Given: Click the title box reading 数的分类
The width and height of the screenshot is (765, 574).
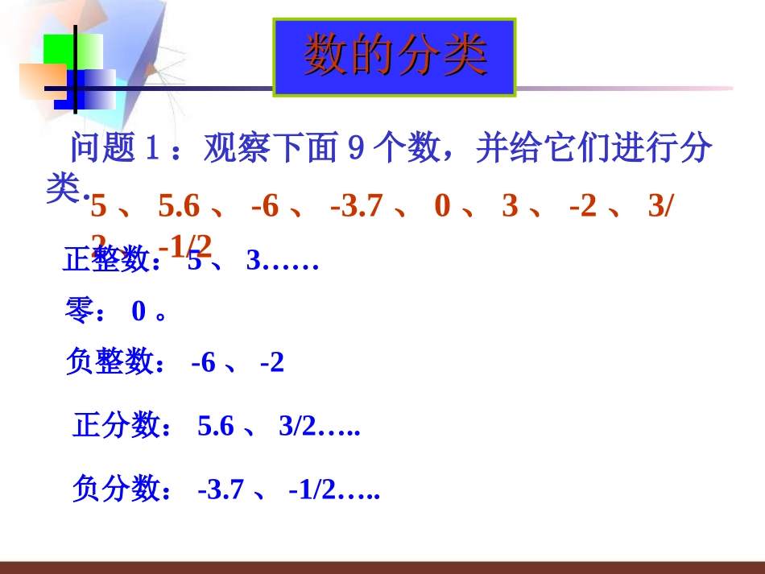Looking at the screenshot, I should [395, 57].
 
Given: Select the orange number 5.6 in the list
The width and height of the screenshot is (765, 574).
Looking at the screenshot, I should [179, 208].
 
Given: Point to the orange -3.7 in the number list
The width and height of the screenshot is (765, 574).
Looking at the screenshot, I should [357, 208].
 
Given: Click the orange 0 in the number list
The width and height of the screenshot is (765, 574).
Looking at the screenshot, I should [442, 208].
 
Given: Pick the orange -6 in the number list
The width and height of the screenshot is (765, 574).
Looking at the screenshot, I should [265, 208].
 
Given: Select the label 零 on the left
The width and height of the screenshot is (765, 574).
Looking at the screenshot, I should [81, 312].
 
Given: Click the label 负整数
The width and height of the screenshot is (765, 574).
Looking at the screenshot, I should [115, 363].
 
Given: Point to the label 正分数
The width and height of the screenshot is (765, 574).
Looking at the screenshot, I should [121, 426].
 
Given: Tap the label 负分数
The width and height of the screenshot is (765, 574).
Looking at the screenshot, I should [121, 489].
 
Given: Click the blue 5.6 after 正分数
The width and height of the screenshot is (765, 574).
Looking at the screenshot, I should [215, 427].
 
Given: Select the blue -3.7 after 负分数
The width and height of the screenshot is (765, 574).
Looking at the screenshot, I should [220, 489].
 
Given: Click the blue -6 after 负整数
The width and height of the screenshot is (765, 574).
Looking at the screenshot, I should [204, 364].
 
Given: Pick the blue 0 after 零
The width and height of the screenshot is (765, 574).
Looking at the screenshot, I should [139, 312].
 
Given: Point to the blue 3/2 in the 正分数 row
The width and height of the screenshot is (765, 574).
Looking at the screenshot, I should [299, 427].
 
